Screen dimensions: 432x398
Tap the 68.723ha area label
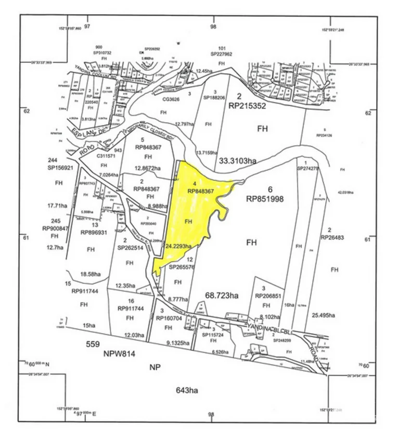[x=222, y=296]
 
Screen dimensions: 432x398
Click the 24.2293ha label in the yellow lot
[x=179, y=246]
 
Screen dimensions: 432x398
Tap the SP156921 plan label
[x=60, y=168]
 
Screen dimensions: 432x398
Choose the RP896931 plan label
[x=92, y=233]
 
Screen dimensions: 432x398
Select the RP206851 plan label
[x=268, y=295]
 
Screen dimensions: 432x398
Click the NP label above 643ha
[x=154, y=367]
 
